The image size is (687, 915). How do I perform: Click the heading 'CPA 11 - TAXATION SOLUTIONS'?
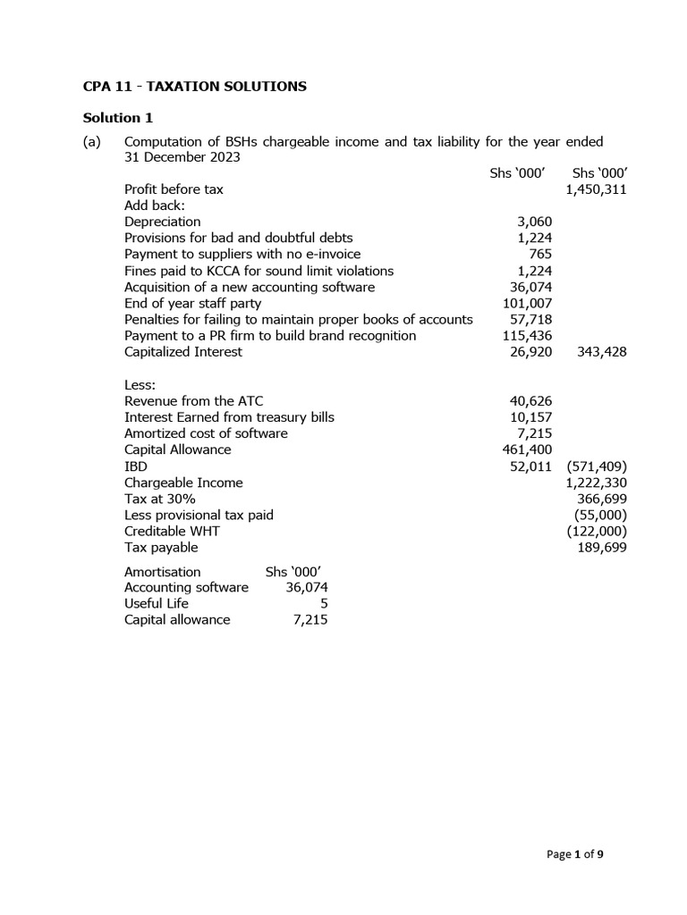[195, 87]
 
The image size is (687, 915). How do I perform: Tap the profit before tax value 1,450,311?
[596, 189]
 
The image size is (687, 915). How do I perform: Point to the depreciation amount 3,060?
[535, 222]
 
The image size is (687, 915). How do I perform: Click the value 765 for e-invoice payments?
[540, 255]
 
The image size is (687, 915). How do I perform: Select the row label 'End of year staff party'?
[192, 304]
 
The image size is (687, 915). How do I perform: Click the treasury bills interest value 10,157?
[530, 417]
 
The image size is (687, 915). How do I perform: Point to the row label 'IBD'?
[136, 466]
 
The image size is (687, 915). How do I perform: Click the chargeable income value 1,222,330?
[596, 483]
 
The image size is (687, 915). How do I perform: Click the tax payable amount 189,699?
[603, 548]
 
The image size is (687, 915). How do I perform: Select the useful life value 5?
[323, 604]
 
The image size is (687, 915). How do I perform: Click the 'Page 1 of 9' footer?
[575, 854]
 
